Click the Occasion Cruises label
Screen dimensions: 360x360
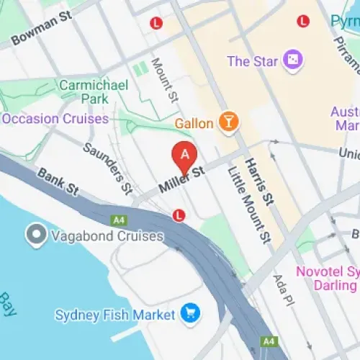pyautogui.click(x=55, y=118)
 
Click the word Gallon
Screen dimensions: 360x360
pyautogui.click(x=194, y=123)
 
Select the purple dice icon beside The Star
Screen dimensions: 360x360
pyautogui.click(x=292, y=60)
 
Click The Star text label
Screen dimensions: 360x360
pyautogui.click(x=253, y=61)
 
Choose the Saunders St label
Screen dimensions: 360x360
pyautogui.click(x=107, y=169)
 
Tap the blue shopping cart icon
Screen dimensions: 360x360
pyautogui.click(x=191, y=314)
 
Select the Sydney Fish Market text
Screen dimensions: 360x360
pyautogui.click(x=115, y=315)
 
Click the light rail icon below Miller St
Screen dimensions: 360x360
pyautogui.click(x=179, y=215)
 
